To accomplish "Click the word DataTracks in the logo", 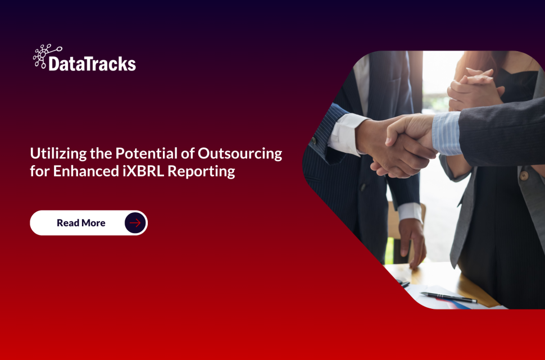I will [x=92, y=63].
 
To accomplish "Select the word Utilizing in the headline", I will [x=55, y=153].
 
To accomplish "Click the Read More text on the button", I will [x=81, y=223].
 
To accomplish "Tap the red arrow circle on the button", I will [x=135, y=223].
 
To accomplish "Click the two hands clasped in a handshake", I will [x=402, y=144].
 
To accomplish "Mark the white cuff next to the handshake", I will [x=345, y=134].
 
